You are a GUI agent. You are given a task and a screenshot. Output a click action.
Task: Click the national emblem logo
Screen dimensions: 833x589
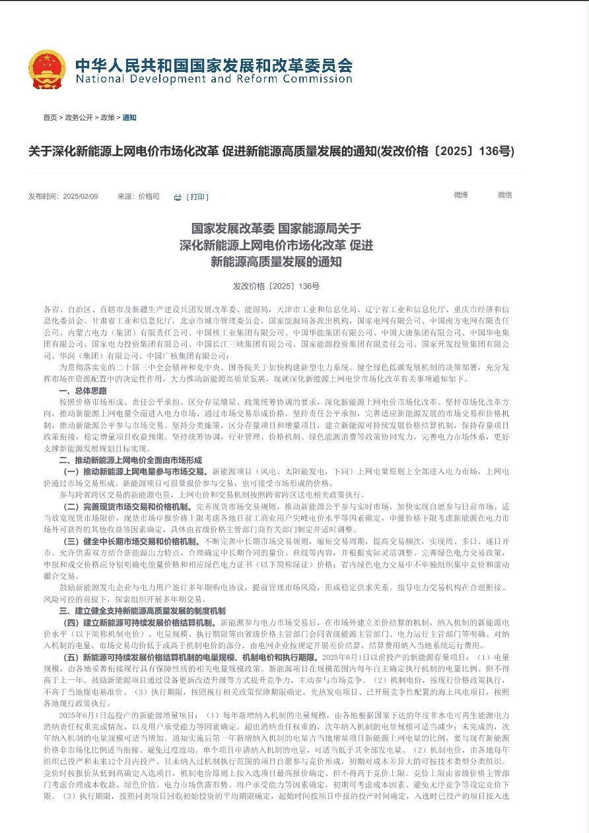click(x=47, y=69)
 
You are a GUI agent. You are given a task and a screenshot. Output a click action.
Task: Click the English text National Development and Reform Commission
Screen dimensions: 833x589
click(x=213, y=79)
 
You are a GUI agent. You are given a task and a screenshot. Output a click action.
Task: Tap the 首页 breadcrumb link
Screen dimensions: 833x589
click(x=50, y=117)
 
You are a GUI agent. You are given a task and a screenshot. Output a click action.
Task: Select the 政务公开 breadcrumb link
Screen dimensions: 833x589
click(x=79, y=117)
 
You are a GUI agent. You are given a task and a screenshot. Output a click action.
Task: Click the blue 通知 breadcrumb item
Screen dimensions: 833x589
click(x=129, y=117)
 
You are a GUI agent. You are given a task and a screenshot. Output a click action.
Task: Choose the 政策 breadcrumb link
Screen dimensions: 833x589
click(x=108, y=117)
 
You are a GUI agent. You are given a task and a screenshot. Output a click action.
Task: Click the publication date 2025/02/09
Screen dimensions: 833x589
click(x=81, y=197)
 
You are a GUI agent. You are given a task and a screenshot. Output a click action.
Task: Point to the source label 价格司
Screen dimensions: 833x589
click(x=149, y=197)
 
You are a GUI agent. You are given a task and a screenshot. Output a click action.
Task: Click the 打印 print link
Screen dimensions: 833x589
click(x=197, y=197)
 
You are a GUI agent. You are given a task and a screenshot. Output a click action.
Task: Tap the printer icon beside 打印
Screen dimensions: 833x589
click(x=178, y=197)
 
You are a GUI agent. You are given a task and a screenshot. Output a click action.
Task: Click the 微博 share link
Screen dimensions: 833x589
click(x=460, y=195)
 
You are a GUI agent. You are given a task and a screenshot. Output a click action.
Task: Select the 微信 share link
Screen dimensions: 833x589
click(x=504, y=195)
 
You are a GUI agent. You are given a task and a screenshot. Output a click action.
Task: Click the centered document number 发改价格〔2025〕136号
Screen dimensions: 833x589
click(x=276, y=286)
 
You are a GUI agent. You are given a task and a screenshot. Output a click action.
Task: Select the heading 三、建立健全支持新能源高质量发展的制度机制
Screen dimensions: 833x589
click(x=142, y=611)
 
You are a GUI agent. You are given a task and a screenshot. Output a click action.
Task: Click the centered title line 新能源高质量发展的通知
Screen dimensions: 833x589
click(x=276, y=262)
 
